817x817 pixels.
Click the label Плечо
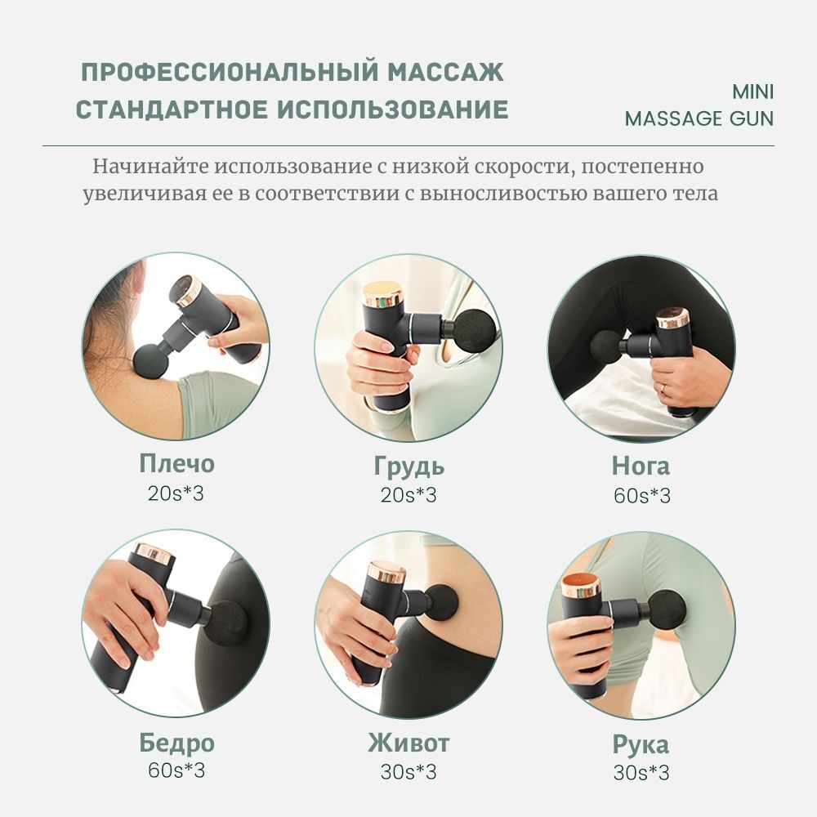point(176,464)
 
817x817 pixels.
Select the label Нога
point(641,466)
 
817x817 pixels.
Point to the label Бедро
point(176,743)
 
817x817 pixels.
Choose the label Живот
point(408,743)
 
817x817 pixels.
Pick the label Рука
point(641,744)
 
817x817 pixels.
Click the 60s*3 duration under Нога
point(641,495)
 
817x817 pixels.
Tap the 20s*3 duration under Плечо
point(176,493)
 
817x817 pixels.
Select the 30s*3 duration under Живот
point(408,772)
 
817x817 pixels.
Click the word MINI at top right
point(753,92)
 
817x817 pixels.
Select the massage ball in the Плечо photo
point(150,360)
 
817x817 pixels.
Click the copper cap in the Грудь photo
point(382,293)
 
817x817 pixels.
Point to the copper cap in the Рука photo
point(580,585)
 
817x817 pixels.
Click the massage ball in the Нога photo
point(605,346)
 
